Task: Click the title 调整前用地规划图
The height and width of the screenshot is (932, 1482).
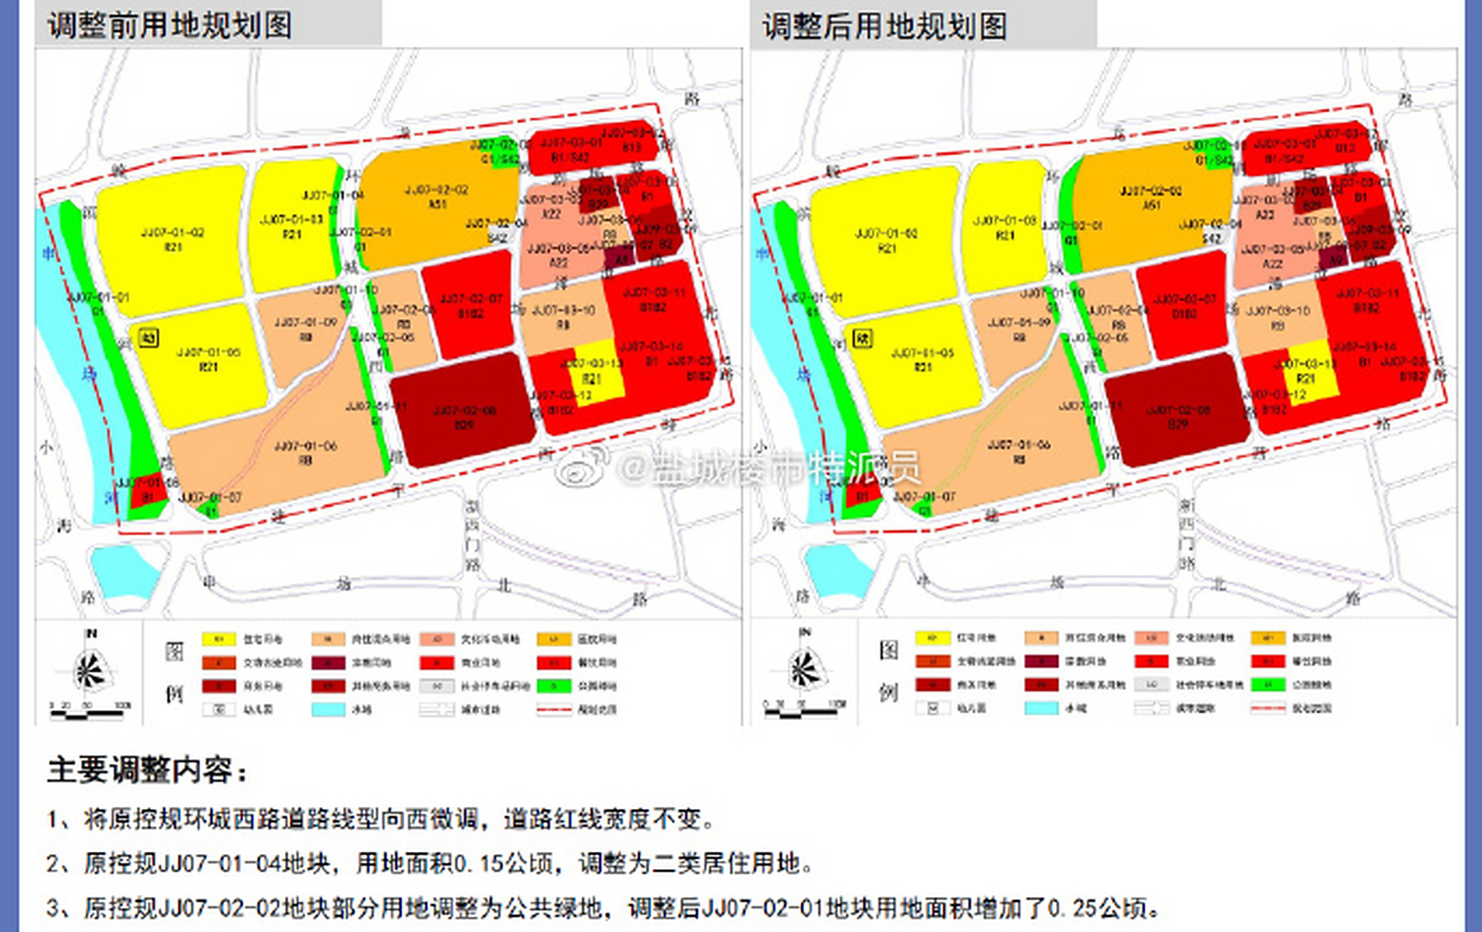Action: (170, 25)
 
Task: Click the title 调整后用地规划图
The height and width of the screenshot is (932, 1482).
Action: (885, 27)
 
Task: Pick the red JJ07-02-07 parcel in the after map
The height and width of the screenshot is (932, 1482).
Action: (1183, 306)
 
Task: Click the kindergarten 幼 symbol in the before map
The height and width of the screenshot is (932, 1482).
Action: (149, 338)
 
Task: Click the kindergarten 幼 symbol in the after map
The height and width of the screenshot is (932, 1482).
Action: (862, 339)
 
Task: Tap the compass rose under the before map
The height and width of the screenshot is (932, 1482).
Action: (90, 669)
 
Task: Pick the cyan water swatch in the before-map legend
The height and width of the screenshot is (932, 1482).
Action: (328, 708)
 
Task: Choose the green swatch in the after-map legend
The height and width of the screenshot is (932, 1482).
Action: (1267, 684)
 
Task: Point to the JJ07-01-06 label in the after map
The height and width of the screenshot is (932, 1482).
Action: (1019, 445)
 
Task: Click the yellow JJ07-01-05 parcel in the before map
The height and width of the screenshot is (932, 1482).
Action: (208, 360)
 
